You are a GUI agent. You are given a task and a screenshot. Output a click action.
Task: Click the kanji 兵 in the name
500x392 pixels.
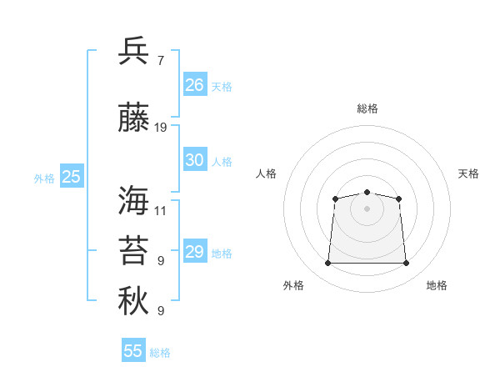tap(133, 50)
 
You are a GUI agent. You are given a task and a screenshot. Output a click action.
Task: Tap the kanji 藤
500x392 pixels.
tap(133, 117)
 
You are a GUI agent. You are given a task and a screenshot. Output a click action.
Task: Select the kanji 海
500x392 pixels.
tap(133, 200)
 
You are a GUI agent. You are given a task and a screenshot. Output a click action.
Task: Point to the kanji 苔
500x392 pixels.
tap(133, 250)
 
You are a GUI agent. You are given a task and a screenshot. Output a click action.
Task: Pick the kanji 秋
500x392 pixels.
tap(133, 300)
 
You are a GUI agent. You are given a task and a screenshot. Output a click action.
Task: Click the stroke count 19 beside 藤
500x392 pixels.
tap(160, 128)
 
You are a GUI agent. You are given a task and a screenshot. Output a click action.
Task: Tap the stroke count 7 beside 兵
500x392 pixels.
tap(161, 61)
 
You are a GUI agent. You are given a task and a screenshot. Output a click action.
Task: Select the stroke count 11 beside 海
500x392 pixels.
tap(160, 211)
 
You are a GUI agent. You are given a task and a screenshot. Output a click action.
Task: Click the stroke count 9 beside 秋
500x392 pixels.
tap(161, 311)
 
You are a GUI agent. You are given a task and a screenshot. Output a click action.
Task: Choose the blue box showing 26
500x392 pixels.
tap(195, 84)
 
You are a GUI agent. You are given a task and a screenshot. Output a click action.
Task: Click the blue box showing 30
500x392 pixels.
tap(195, 159)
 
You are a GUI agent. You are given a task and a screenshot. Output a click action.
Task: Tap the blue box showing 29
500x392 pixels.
tap(195, 250)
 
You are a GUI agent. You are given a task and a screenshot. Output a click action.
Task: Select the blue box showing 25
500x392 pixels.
tap(72, 176)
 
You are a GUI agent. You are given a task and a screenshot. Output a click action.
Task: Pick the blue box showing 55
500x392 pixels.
tap(133, 349)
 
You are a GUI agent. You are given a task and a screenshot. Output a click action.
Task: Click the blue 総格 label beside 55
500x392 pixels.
tap(160, 353)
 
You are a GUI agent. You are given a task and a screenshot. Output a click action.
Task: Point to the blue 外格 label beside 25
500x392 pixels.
tap(44, 178)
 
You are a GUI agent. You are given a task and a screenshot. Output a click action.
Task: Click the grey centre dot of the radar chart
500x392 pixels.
tap(367, 209)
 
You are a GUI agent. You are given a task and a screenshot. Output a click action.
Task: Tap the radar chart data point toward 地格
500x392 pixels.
tap(406, 263)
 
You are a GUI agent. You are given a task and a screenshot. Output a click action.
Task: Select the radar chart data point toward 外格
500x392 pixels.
tap(327, 263)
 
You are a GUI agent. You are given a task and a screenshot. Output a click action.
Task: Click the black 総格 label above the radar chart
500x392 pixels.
tap(367, 108)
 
